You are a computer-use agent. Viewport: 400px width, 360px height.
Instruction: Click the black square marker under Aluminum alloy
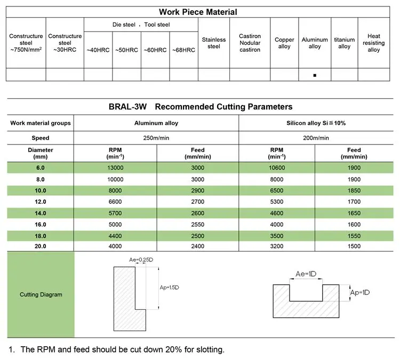click(x=315, y=75)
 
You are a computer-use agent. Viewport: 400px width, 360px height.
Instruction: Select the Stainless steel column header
click(x=214, y=43)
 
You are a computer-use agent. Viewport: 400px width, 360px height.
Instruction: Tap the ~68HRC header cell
click(x=183, y=50)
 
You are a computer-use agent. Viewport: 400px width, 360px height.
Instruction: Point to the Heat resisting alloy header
click(x=374, y=43)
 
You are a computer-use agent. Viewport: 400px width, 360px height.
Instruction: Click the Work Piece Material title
click(x=198, y=12)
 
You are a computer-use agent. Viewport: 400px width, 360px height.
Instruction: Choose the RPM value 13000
click(x=116, y=168)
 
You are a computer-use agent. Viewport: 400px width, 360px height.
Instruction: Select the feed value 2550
click(x=197, y=225)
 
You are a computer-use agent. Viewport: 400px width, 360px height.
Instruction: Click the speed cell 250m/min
click(x=156, y=138)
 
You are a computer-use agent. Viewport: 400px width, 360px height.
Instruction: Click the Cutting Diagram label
click(x=41, y=294)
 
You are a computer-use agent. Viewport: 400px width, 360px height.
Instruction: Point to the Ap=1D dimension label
click(x=359, y=293)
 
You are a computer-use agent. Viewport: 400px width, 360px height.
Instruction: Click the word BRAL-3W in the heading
click(x=126, y=107)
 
